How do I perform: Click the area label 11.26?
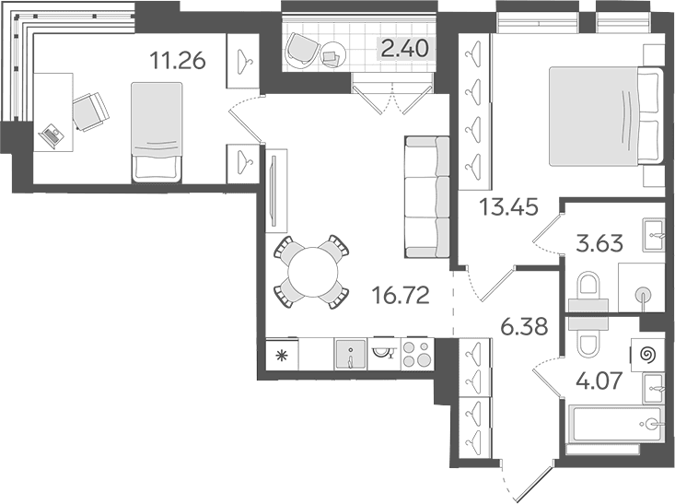178,60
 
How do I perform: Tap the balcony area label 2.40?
405,48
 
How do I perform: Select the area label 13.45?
509,207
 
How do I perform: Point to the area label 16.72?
401,296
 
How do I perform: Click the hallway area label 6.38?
524,326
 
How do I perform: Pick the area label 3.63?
599,243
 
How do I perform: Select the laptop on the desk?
52,135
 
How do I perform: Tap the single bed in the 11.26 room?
157,133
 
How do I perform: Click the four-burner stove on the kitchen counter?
417,354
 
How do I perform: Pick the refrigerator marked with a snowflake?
282,355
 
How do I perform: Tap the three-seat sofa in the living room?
427,197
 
